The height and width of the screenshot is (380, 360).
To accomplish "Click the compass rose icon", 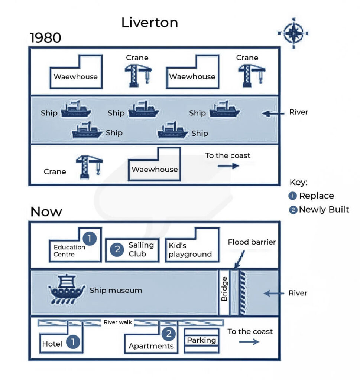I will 293,33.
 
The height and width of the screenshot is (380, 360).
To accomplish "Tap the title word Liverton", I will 149,23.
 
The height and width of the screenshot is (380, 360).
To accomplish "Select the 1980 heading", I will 46,37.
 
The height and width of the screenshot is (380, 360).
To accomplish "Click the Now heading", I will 46,212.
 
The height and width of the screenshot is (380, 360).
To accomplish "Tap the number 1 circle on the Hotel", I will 73,342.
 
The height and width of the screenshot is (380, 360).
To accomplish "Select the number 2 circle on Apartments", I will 169,334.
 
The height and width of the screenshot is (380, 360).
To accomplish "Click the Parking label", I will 201,340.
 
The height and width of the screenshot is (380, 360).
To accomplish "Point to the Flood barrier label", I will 252,242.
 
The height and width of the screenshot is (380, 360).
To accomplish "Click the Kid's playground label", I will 190,250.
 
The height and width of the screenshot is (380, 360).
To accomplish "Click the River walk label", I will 118,322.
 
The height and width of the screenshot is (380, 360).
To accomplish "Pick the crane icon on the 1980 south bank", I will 89,167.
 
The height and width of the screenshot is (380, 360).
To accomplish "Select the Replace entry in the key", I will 316,196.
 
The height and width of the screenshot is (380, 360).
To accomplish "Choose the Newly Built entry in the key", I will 324,209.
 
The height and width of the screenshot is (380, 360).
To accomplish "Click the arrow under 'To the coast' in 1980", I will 228,166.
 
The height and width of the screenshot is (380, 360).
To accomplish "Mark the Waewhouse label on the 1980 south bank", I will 155,170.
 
